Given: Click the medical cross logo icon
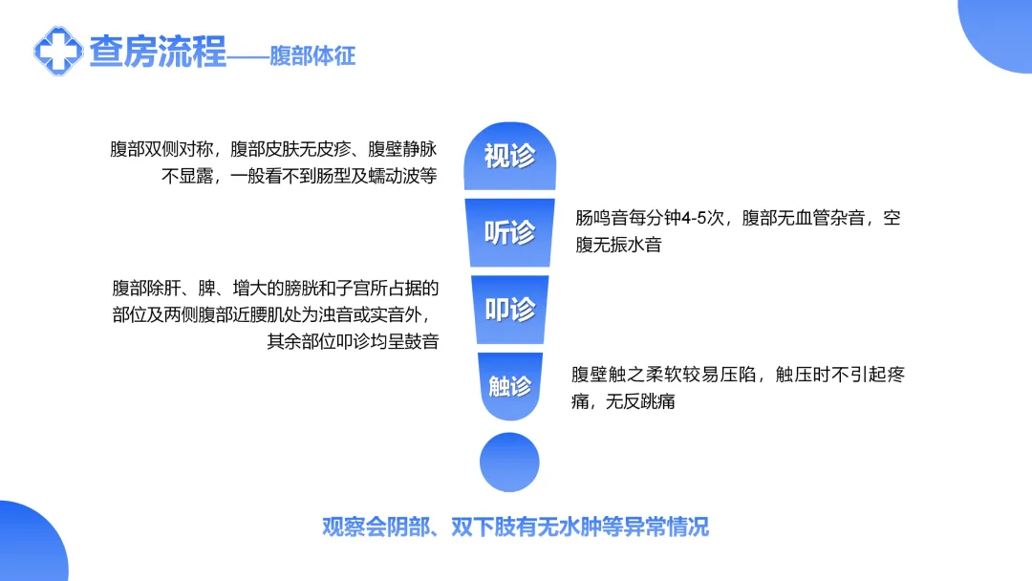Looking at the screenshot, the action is pos(58,52).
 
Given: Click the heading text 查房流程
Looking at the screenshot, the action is pos(158,52).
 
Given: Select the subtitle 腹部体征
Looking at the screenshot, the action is pos(312,56).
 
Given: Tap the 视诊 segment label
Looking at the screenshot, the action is pos(510,156).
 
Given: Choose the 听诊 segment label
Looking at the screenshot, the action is pos(510,232).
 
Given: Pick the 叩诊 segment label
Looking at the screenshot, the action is pos(510,310).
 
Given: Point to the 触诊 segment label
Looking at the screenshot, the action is pos(510,385).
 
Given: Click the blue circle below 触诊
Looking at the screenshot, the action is pos(509,462).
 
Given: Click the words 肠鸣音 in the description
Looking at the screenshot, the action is pos(601,218).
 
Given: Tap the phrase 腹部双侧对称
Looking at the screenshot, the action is pos(161,149).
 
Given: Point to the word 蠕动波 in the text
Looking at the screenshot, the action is pos(395,177).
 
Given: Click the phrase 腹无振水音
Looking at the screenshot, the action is pos(618,245).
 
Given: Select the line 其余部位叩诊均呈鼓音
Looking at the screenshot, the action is pos(353,341).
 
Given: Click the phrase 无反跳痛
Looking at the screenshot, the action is pos(640,401).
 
